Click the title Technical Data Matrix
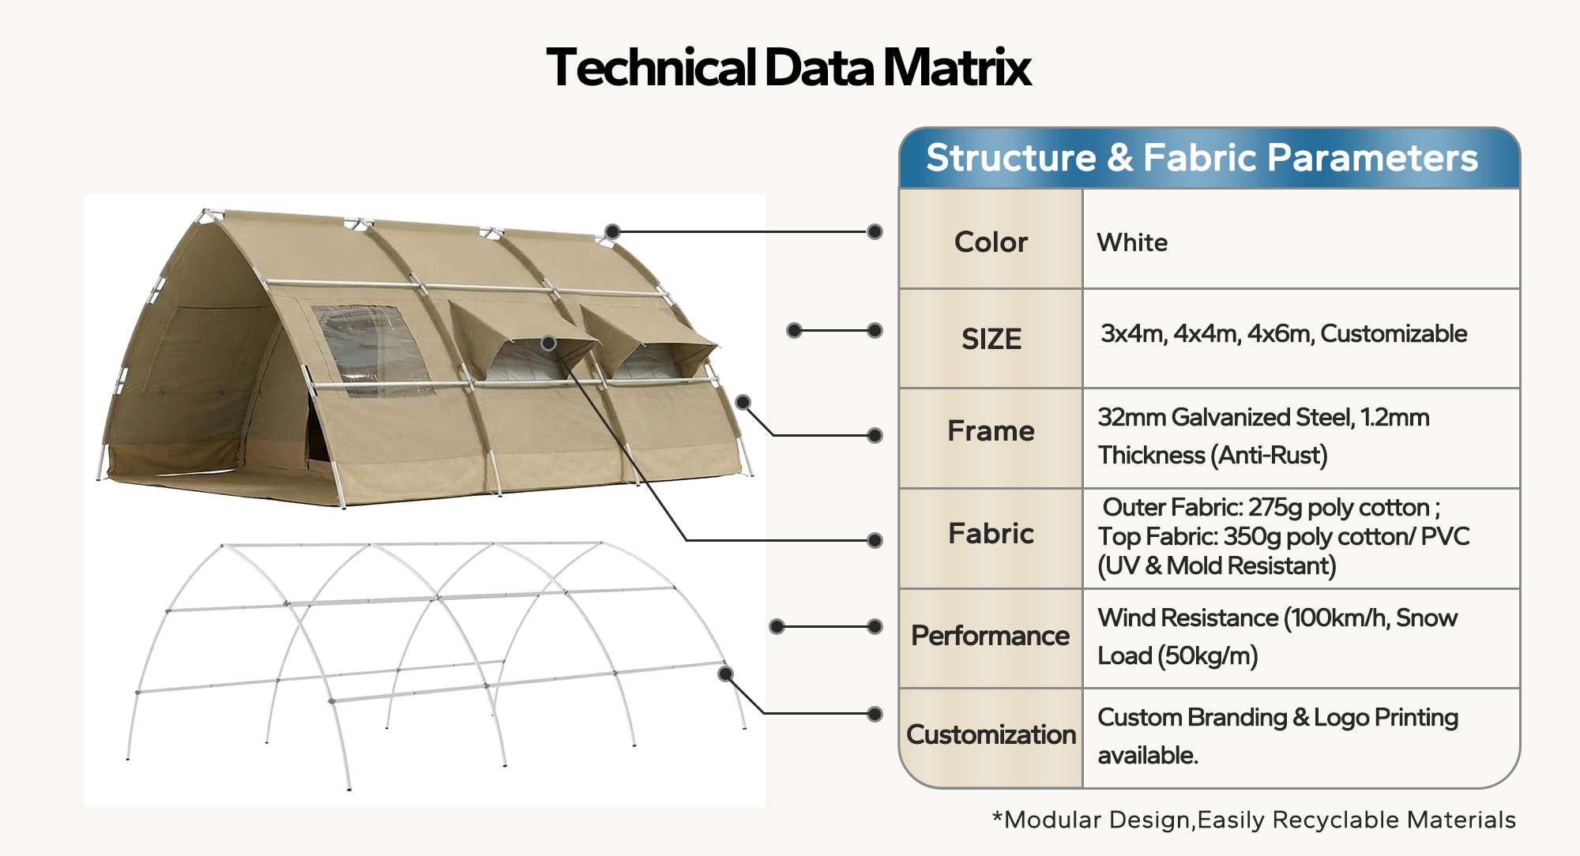[788, 68]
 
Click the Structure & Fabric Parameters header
[1202, 158]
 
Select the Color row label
[991, 242]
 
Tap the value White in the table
[1132, 242]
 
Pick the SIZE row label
[991, 339]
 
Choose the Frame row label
[991, 431]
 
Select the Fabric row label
[991, 534]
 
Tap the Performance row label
[990, 636]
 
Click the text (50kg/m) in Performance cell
[1207, 656]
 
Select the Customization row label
[991, 734]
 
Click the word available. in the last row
[1148, 756]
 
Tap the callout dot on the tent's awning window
[549, 343]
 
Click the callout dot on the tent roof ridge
[612, 231]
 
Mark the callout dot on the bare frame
[725, 674]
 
